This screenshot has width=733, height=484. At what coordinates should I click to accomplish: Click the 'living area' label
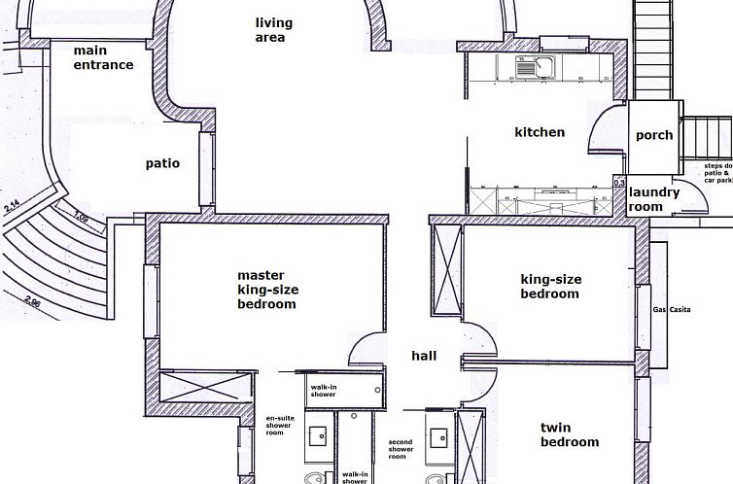click(x=273, y=30)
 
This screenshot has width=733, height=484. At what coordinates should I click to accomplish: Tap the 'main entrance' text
click(x=103, y=57)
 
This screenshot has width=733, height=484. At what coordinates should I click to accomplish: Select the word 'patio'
click(x=162, y=163)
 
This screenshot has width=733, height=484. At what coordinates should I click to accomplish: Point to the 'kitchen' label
click(x=540, y=132)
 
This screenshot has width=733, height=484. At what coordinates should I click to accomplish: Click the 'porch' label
click(x=654, y=135)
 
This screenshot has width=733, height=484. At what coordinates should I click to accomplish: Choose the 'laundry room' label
click(x=653, y=199)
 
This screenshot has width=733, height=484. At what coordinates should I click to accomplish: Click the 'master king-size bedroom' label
click(x=267, y=290)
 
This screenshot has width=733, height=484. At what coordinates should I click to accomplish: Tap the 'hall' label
click(x=424, y=356)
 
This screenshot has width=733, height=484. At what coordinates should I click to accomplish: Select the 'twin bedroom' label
click(x=570, y=434)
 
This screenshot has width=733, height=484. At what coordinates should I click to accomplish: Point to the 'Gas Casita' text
click(x=672, y=309)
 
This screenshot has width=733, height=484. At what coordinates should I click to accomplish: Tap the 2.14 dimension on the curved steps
click(x=13, y=205)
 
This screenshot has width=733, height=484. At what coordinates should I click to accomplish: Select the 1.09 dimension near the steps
click(x=82, y=220)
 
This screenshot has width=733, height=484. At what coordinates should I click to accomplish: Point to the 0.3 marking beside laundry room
click(x=619, y=182)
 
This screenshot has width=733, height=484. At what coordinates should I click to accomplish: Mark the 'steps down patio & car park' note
click(x=717, y=173)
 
